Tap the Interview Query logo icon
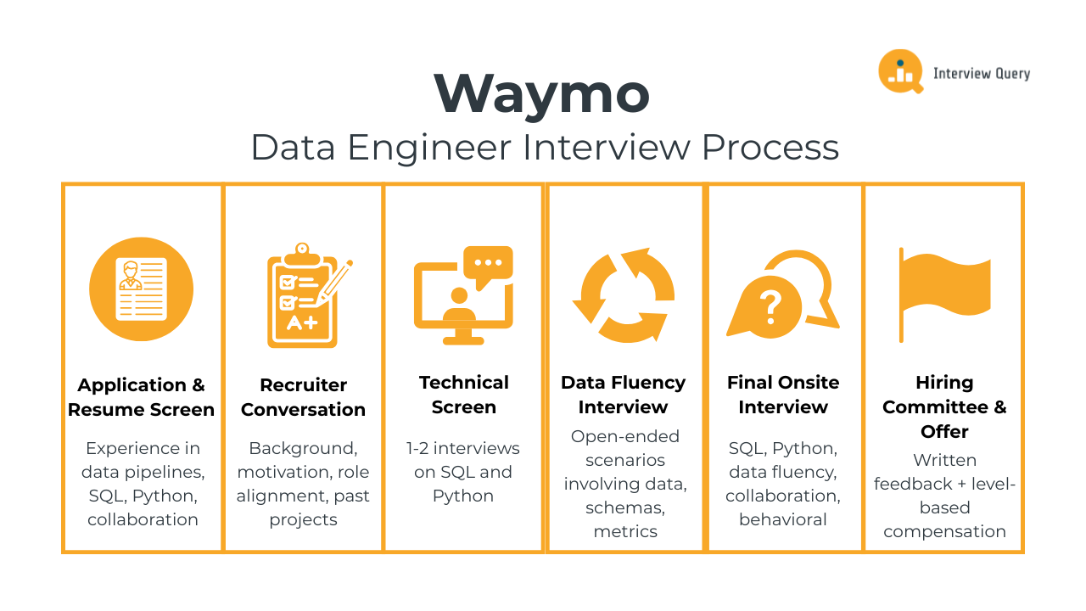click(900, 71)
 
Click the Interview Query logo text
click(982, 74)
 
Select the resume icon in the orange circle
click(141, 289)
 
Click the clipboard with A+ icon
click(301, 297)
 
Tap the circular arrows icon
click(624, 295)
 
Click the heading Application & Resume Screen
click(141, 397)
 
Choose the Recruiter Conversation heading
click(303, 397)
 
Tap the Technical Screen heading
click(463, 395)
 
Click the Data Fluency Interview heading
click(624, 395)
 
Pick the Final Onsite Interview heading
click(783, 395)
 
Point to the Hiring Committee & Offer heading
click(944, 406)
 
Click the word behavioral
click(783, 519)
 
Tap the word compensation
click(944, 531)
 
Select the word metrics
click(625, 531)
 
